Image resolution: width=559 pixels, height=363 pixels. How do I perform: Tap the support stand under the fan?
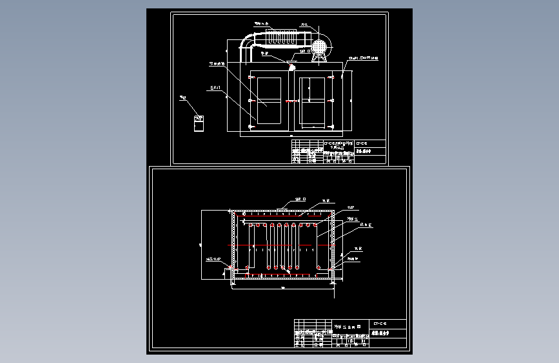click(318, 57)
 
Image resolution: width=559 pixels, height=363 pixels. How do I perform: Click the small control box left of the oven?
click(199, 121)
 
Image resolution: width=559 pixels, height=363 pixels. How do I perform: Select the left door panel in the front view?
click(269, 101)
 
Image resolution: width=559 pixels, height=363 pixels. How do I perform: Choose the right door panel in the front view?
click(315, 101)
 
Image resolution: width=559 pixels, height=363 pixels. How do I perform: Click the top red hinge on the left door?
click(251, 78)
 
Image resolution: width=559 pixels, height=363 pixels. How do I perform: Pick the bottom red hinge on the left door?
click(251, 125)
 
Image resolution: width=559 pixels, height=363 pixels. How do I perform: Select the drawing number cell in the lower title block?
click(380, 322)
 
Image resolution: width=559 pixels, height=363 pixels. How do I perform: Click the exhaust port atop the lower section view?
click(282, 209)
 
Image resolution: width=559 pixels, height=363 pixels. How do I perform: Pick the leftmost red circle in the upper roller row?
click(258, 225)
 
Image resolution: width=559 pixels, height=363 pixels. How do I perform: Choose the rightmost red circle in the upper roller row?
click(317, 225)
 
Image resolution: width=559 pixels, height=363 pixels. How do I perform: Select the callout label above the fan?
click(304, 24)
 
